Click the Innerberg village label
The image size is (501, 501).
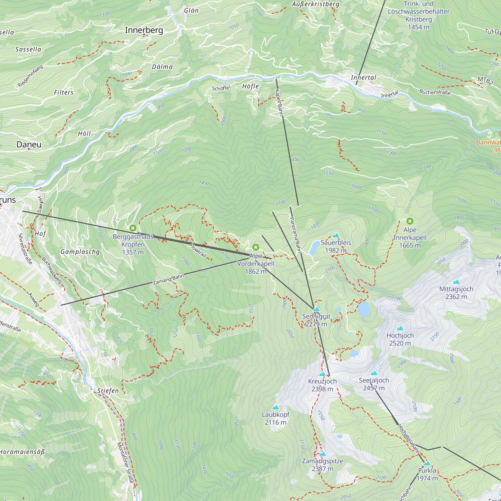[x=144, y=30]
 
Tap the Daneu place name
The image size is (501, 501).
[x=29, y=145]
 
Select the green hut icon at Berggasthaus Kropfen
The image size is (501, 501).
[x=133, y=228]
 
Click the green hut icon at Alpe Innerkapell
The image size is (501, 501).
[x=410, y=221]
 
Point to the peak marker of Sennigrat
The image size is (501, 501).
[x=316, y=309]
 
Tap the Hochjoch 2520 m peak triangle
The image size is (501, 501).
[x=400, y=328]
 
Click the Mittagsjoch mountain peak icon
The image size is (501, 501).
[x=456, y=282]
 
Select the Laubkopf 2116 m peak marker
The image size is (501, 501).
[x=275, y=407]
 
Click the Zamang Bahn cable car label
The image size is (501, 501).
[x=169, y=279]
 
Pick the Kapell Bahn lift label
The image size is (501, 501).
[x=279, y=102]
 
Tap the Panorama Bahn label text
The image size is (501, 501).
[x=295, y=235]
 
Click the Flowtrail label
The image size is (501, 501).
[x=198, y=250]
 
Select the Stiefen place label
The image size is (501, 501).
[x=108, y=391]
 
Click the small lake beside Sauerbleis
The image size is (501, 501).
[x=315, y=247]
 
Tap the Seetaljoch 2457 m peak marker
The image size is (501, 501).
[x=374, y=373]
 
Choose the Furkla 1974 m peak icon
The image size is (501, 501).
[x=427, y=463]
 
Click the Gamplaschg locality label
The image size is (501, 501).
[x=80, y=252]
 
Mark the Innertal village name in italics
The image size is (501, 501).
[x=363, y=78]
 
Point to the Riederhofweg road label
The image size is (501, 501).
[x=30, y=76]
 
